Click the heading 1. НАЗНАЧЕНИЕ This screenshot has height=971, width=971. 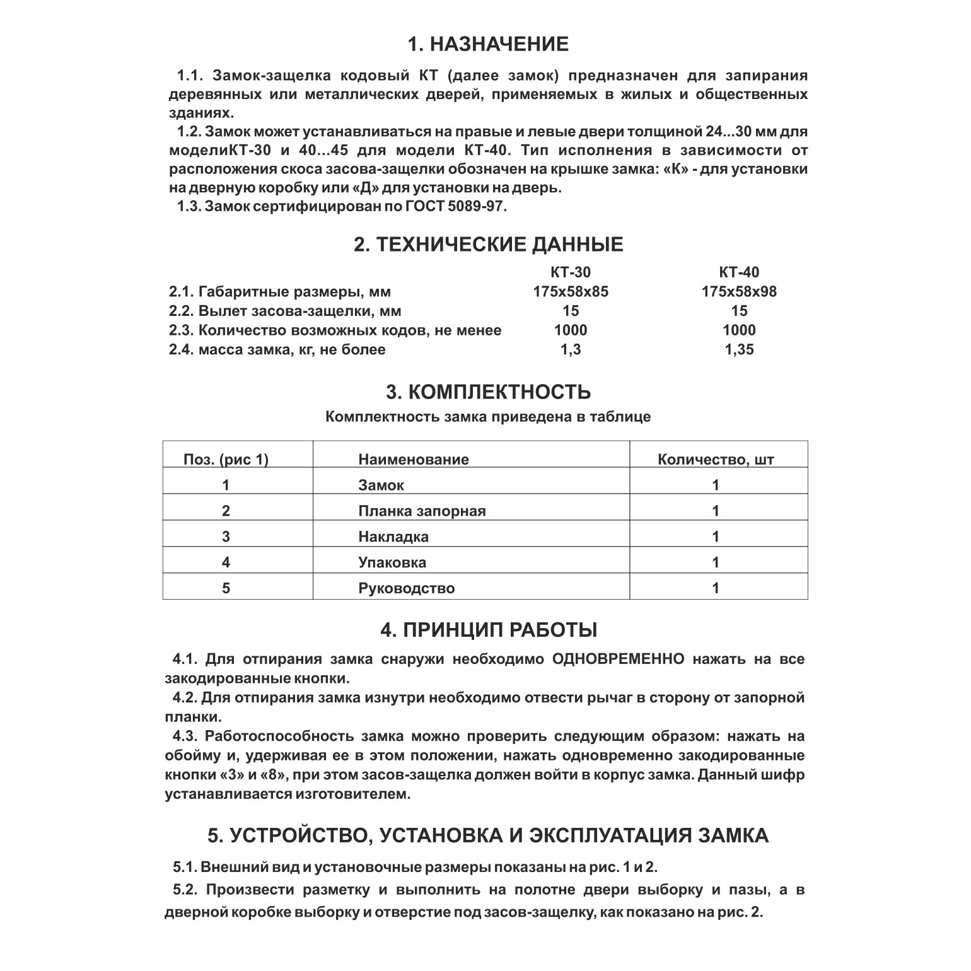487,45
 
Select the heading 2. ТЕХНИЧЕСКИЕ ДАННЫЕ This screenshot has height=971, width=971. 488,245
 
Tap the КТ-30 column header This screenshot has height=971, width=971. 570,272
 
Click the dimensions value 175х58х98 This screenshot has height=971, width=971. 739,292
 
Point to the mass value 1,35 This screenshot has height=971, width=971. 739,350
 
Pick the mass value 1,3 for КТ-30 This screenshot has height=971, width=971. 570,350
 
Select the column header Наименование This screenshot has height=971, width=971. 414,460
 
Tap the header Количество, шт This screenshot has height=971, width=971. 716,460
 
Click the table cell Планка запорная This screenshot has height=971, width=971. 422,511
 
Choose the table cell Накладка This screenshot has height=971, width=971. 393,537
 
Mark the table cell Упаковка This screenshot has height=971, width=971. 392,562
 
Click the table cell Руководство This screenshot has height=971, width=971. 406,589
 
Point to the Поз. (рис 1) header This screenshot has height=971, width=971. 226,460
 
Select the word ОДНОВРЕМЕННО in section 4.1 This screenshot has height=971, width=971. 618,660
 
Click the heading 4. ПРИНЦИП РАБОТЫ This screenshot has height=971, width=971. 488,630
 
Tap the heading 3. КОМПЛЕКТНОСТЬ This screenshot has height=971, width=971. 488,392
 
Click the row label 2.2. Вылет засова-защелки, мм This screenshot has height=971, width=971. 285,311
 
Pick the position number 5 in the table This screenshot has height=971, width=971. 226,589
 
